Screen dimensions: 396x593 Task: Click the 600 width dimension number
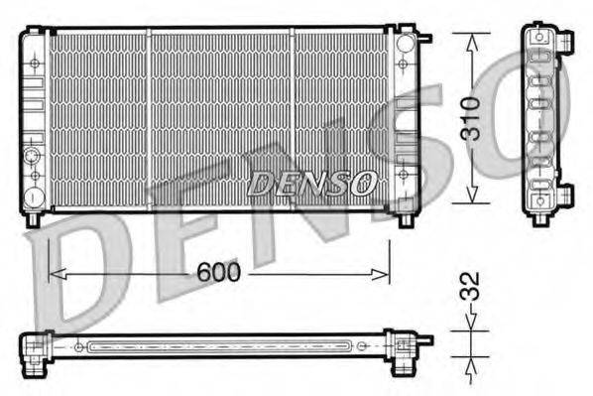tap(219, 273)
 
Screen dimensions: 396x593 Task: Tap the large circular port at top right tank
tap(405, 45)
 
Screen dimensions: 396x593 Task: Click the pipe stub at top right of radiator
tap(425, 39)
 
